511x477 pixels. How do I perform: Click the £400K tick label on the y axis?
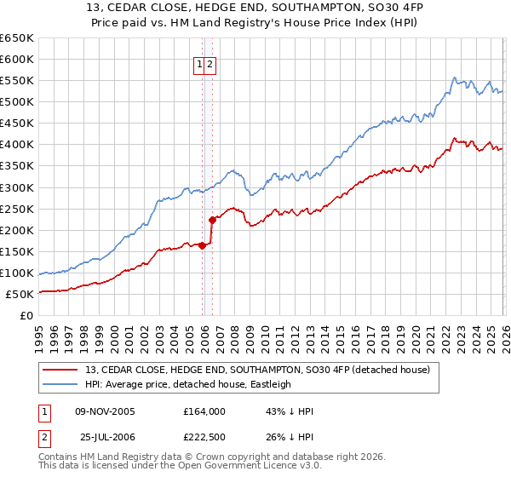17,145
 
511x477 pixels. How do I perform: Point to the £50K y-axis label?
20,295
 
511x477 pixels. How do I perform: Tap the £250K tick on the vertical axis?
17,209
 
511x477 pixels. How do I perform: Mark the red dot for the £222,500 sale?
212,221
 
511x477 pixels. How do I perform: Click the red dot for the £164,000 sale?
202,245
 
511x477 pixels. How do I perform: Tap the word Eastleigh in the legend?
269,384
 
